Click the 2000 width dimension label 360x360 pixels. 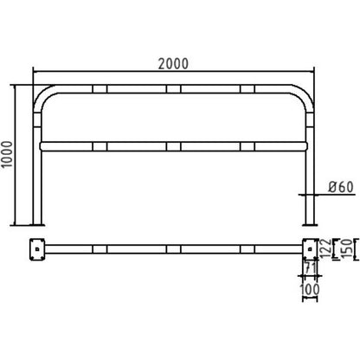click(173, 64)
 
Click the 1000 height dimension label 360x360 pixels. click(7, 154)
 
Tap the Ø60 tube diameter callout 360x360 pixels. click(341, 187)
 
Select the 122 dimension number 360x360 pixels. click(325, 248)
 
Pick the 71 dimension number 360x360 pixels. click(310, 268)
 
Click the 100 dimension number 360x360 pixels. click(310, 289)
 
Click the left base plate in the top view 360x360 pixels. click(37, 249)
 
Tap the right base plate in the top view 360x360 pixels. click(310, 249)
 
